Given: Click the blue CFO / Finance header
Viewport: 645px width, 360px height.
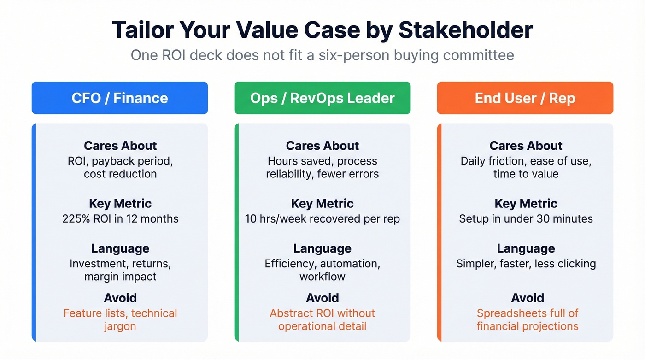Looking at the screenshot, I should (120, 98).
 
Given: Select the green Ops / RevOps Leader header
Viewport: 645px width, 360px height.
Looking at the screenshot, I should (322, 98).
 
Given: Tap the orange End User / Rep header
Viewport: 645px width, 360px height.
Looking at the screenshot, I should (525, 98).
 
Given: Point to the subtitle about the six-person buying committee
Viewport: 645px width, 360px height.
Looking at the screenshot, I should (322, 55).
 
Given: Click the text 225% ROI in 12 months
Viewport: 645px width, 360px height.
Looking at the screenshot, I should (120, 218).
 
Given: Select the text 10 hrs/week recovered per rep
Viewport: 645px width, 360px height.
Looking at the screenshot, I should (322, 218).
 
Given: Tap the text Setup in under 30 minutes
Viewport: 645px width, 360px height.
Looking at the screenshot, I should (526, 218).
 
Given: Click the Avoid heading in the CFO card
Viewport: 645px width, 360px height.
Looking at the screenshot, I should (120, 298).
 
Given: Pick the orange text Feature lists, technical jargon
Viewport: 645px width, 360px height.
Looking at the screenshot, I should (120, 319).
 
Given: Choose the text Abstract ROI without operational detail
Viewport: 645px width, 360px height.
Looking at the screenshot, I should (322, 319).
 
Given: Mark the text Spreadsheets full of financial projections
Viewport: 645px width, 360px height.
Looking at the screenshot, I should (527, 319).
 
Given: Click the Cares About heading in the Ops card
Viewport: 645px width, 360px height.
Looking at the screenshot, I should (322, 146).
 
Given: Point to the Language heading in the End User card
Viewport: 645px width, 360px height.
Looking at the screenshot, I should (526, 248).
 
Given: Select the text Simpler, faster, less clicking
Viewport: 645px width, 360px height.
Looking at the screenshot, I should (526, 264).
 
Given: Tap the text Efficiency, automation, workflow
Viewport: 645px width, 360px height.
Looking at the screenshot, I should (322, 270).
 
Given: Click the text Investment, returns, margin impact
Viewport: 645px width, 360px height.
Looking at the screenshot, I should (120, 270).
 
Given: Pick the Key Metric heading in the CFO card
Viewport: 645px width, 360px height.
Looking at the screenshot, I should (120, 203).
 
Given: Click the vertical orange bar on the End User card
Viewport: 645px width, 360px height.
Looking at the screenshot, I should (439, 232).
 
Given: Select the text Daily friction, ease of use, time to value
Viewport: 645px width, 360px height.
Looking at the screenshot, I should (526, 167).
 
